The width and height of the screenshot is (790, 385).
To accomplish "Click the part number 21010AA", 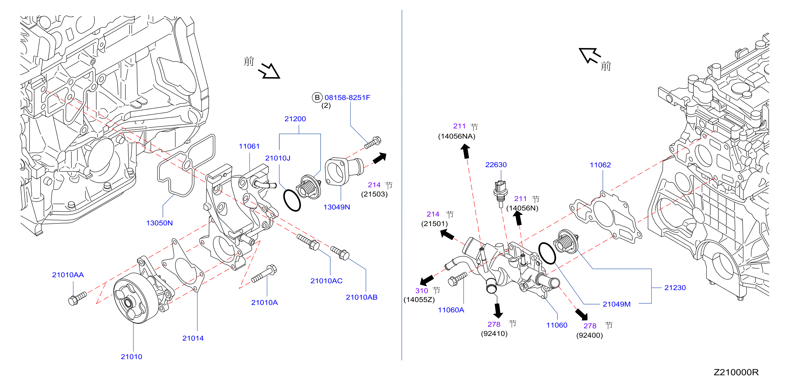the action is (68, 275).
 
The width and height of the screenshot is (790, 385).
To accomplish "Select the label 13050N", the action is (159, 223).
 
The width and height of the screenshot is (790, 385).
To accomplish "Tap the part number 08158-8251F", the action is (347, 98).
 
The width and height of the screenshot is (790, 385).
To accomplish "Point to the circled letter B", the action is (317, 98).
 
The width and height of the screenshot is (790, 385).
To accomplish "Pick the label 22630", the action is (496, 164).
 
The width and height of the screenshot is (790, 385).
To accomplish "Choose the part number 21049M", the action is (616, 304).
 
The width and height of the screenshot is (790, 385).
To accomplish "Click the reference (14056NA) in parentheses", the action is (457, 136).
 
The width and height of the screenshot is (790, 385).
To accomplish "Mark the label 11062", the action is (600, 165).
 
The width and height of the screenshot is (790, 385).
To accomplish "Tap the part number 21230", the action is (675, 287).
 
